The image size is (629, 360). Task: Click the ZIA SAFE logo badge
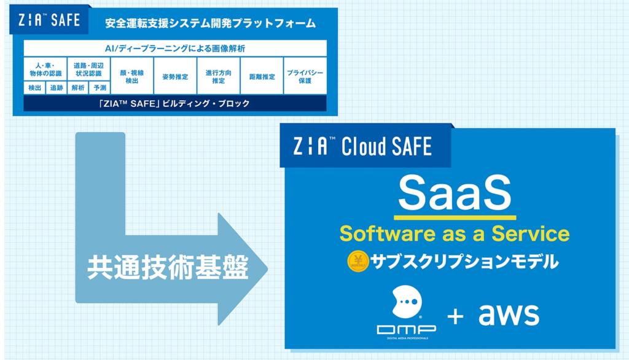pyautogui.click(x=49, y=20)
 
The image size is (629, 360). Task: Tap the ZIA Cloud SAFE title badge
pyautogui.click(x=365, y=146)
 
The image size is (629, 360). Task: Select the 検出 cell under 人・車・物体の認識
pyautogui.click(x=34, y=88)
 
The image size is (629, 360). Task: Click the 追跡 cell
pyautogui.click(x=56, y=88)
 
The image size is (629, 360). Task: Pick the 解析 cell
pyautogui.click(x=78, y=88)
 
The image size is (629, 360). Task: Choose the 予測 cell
pyautogui.click(x=100, y=88)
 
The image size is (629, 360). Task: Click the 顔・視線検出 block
pyautogui.click(x=132, y=76)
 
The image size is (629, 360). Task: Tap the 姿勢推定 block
pyautogui.click(x=175, y=76)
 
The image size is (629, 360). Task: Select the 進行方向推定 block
pyautogui.click(x=219, y=76)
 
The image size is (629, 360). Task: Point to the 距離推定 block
pyautogui.click(x=262, y=76)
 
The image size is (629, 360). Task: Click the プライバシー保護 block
pyautogui.click(x=305, y=76)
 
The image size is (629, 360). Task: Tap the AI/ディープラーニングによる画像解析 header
pyautogui.click(x=175, y=48)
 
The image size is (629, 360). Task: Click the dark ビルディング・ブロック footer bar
pyautogui.click(x=175, y=103)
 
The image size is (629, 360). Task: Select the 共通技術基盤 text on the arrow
pyautogui.click(x=168, y=267)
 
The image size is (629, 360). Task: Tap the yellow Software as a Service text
pyautogui.click(x=455, y=233)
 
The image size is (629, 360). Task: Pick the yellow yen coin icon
pyautogui.click(x=358, y=261)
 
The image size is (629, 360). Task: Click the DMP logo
pyautogui.click(x=407, y=312)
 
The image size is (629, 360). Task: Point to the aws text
pyautogui.click(x=509, y=314)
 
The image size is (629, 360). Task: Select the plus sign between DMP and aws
pyautogui.click(x=456, y=316)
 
